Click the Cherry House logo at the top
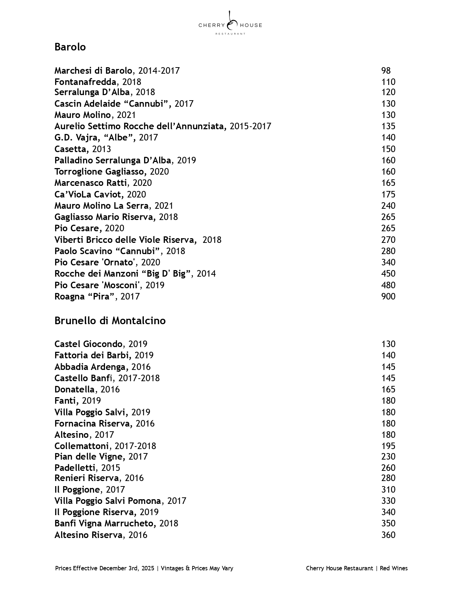(x=230, y=24)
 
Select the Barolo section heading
(x=70, y=47)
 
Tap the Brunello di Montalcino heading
(x=110, y=321)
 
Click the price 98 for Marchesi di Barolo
(x=386, y=71)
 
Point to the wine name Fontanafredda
(x=85, y=82)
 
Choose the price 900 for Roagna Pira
(x=388, y=297)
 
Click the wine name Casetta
(x=71, y=149)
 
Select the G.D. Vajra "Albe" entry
(x=106, y=138)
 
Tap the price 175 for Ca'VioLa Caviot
(x=388, y=195)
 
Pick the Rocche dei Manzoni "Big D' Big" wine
(x=135, y=274)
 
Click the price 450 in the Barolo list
(x=388, y=274)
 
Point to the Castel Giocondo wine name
(x=88, y=344)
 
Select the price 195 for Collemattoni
(x=388, y=446)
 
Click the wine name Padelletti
(x=75, y=468)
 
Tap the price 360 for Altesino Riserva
(x=388, y=535)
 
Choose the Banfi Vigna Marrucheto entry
(x=116, y=523)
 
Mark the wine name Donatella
(x=75, y=390)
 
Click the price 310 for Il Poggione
(x=388, y=490)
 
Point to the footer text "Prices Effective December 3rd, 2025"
(x=105, y=569)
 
